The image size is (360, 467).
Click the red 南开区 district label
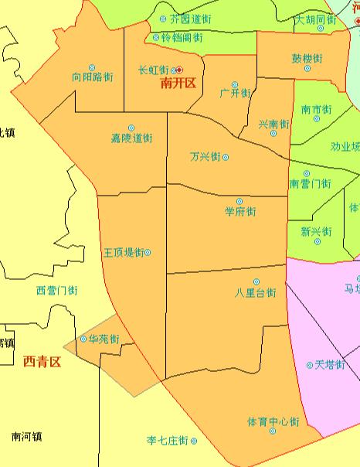178,84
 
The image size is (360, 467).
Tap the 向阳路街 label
93,78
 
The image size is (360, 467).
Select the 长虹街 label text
153,70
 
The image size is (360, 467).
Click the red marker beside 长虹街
179,70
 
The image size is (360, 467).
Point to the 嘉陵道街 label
131,139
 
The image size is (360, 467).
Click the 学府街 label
240,212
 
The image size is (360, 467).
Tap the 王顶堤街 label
124,253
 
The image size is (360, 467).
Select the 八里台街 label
256,293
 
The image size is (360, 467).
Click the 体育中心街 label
273,421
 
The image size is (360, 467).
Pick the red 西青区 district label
42,361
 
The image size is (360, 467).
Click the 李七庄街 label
168,441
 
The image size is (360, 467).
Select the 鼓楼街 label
307,59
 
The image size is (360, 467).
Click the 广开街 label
235,94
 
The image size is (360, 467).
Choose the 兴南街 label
273,124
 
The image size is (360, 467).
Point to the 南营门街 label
310,184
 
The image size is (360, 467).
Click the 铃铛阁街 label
178,37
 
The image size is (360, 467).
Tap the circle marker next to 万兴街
226,157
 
